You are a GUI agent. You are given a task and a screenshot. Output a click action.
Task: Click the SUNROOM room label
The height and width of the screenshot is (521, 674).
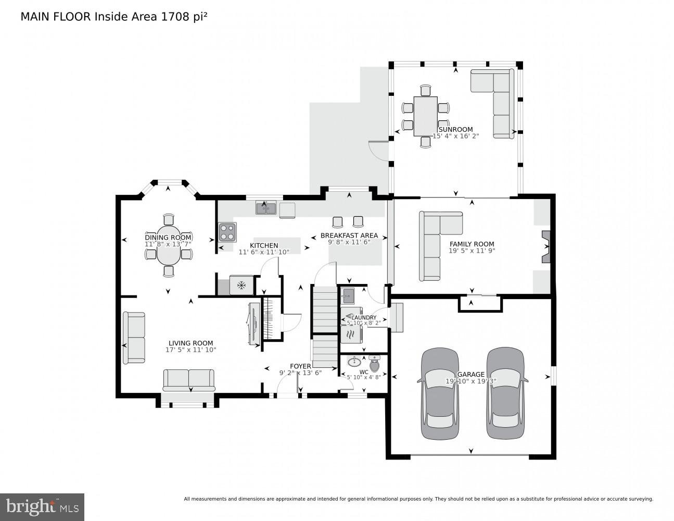tap(455, 129)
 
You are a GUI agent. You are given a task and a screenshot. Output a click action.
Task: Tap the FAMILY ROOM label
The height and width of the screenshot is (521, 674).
tap(472, 244)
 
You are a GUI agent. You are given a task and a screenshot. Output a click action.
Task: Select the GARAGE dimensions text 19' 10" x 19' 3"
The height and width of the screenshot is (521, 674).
tap(471, 381)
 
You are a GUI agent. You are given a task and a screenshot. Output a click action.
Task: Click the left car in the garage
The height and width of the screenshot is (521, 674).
tap(440, 393)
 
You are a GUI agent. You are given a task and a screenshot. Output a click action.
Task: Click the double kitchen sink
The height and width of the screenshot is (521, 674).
tap(266, 208)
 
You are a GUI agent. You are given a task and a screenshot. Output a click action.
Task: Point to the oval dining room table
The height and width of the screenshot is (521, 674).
tap(168, 245)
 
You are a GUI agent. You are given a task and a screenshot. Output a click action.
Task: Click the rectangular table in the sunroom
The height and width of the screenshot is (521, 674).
tap(425, 116)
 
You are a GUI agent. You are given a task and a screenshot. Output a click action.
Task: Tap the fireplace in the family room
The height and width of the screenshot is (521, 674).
tap(545, 246)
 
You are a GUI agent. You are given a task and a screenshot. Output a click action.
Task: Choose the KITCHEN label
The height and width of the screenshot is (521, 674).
tap(264, 245)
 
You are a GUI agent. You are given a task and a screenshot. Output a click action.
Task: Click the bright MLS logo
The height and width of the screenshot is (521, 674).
tap(42, 507)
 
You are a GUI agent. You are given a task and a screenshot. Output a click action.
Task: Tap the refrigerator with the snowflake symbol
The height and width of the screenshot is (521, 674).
tap(241, 285)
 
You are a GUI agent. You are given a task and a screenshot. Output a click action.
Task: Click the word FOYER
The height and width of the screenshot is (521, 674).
tap(300, 366)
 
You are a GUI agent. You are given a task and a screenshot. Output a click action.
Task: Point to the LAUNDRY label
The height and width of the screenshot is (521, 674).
tap(364, 317)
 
